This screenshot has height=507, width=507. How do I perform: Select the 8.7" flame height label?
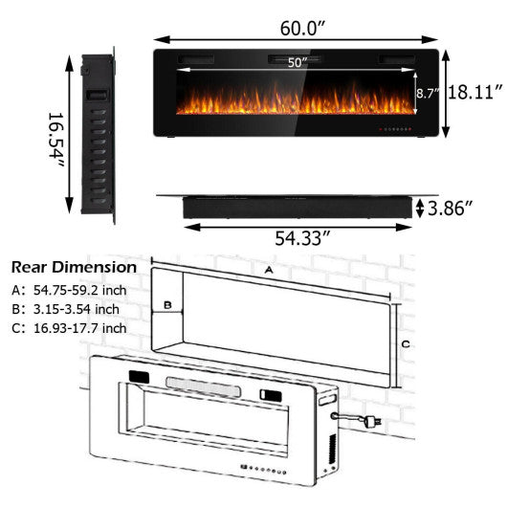click(427, 94)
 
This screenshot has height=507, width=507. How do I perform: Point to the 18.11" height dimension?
click(475, 92)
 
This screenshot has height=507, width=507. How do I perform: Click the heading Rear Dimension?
click(73, 267)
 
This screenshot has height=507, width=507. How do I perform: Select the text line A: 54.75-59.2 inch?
click(70, 289)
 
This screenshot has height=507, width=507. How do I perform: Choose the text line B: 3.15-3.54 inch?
click(66, 308)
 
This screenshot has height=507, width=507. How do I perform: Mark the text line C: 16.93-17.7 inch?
click(69, 328)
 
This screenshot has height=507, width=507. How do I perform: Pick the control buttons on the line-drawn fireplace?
click(269, 470)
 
